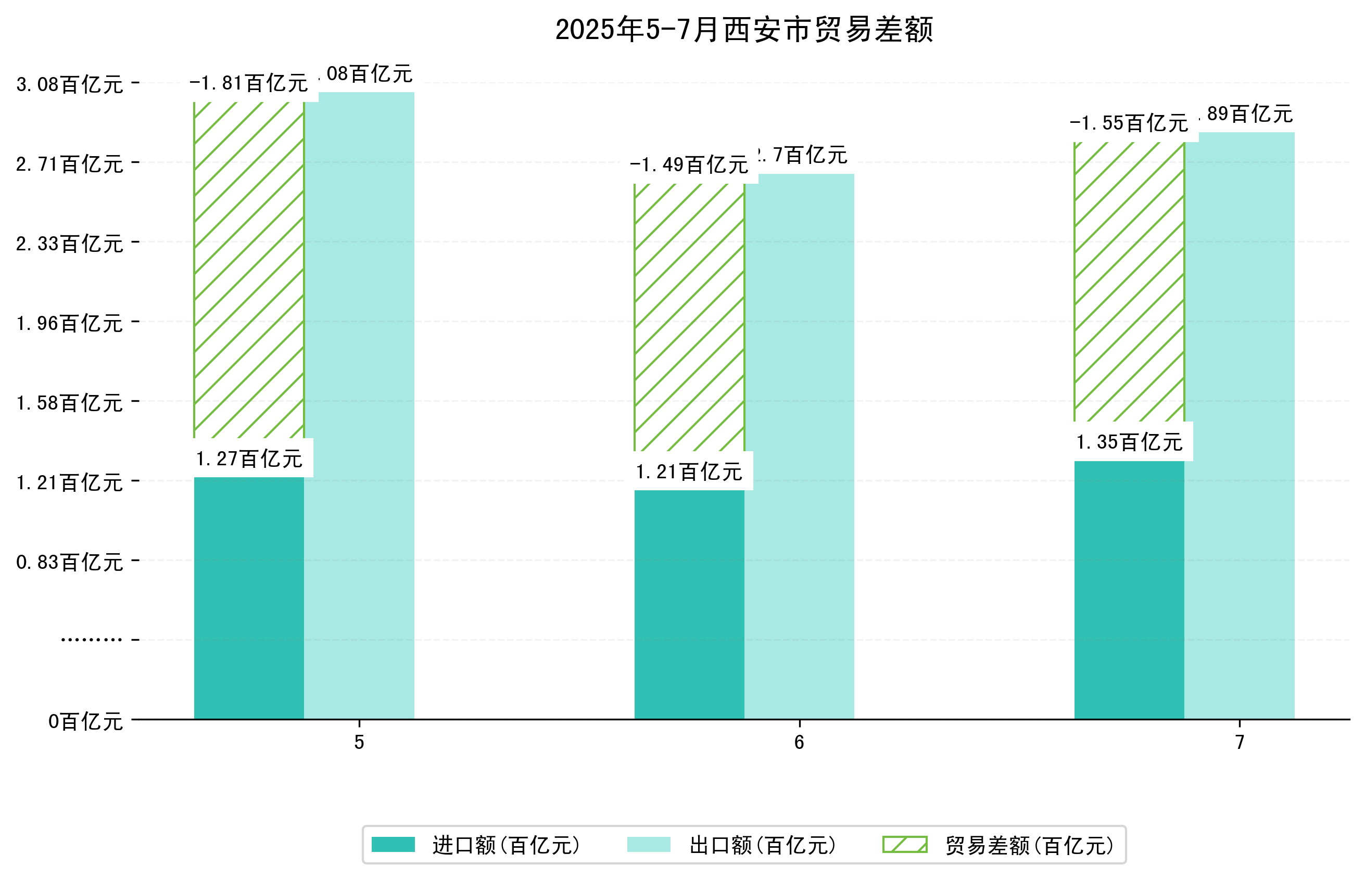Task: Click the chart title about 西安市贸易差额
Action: tap(744, 30)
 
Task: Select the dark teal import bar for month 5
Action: tap(249, 597)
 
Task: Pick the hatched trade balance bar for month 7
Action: tap(1129, 282)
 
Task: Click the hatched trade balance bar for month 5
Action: tap(249, 270)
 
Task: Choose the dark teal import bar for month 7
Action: tap(1129, 590)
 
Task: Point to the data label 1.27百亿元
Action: tap(249, 458)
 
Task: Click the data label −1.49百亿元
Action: tap(689, 165)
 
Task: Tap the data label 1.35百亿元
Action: tap(1129, 442)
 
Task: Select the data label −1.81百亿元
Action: tap(249, 83)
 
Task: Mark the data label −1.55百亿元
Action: tap(1129, 123)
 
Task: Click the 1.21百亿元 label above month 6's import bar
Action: tap(689, 472)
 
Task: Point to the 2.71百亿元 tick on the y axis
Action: tap(70, 164)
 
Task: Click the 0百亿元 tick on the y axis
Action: tap(85, 721)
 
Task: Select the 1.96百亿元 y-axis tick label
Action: tap(70, 323)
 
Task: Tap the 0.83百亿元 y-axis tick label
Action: tap(70, 562)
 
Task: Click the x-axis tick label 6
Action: tap(799, 742)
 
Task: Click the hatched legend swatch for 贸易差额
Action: tap(905, 845)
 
